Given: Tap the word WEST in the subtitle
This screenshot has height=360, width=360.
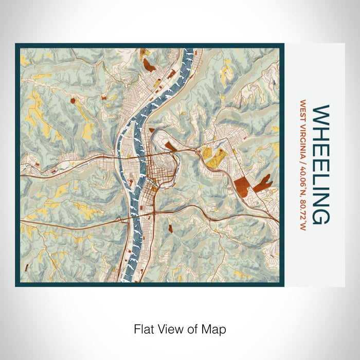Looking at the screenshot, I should point(303,110).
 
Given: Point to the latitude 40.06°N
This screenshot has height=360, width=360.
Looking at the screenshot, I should point(303,182).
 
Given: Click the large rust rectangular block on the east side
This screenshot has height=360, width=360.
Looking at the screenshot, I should point(241,185).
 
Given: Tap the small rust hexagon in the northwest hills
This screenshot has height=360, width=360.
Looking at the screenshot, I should point(73,100).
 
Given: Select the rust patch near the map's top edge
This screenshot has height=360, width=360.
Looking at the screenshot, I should point(149,64).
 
